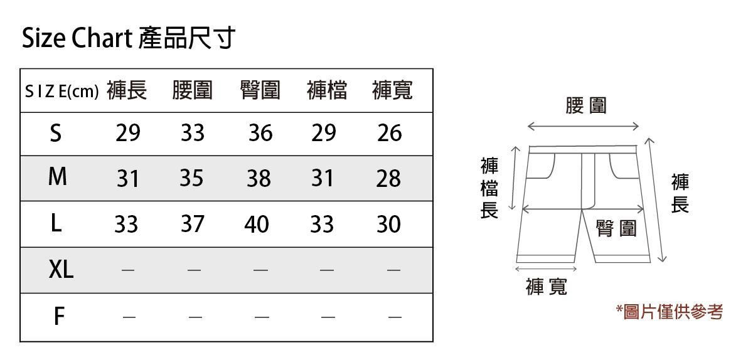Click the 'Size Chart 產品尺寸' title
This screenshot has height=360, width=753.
pos(129,39)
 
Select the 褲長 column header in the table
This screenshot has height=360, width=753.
pos(127,91)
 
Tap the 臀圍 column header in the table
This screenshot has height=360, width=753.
pos(260,91)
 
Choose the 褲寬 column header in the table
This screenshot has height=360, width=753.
pos(392,91)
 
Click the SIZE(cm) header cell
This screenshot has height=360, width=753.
pos(61,92)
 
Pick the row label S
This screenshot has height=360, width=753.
pos(56,133)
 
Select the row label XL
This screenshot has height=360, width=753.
pos(61,270)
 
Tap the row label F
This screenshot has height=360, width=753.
pos(58,317)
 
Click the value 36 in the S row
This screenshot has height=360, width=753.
pos(260,133)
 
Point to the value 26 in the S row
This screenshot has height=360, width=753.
pos(389,133)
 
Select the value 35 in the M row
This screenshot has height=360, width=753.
pos(191,179)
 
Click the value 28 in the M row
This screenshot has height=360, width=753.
pos(388,179)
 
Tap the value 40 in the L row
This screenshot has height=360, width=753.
pos(257,224)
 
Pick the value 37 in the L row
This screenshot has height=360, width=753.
pos(192,224)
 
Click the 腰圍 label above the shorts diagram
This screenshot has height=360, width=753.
pos(585,106)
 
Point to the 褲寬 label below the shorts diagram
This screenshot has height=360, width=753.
pos(547,287)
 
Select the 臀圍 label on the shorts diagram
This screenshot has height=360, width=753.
pos(616,229)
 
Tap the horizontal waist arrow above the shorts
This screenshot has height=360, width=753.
pos(584,127)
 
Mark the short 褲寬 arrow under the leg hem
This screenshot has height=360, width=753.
pos(545,269)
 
